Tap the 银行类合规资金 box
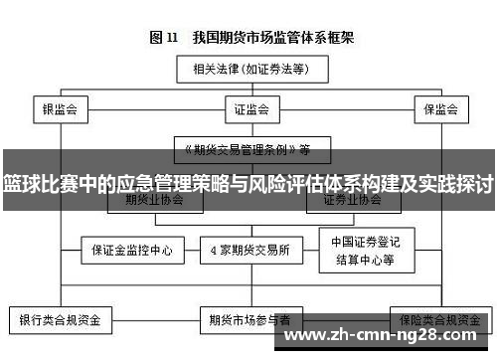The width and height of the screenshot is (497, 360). [x=61, y=322]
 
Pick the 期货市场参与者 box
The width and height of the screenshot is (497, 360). [x=249, y=322]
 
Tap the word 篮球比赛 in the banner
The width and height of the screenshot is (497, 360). [x=40, y=183]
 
